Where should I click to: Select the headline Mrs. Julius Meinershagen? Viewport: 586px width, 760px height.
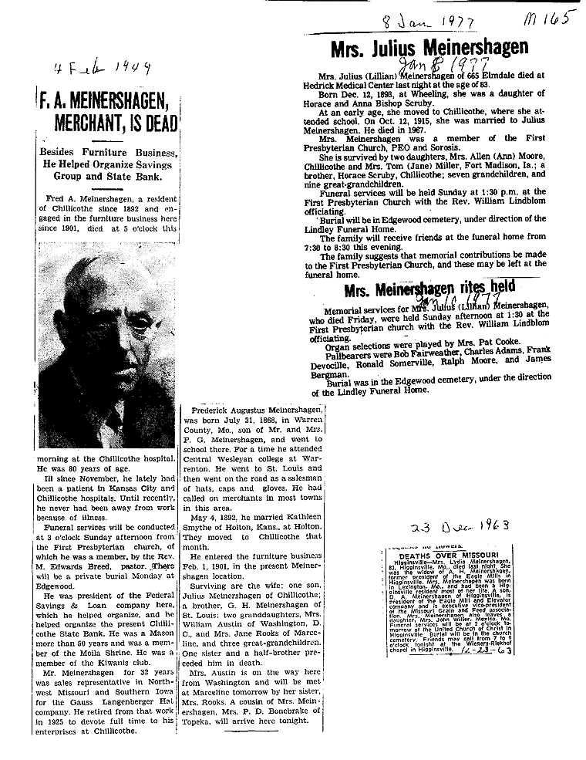click(x=429, y=48)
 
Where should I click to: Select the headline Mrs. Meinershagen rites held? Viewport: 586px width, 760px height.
click(x=429, y=289)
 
